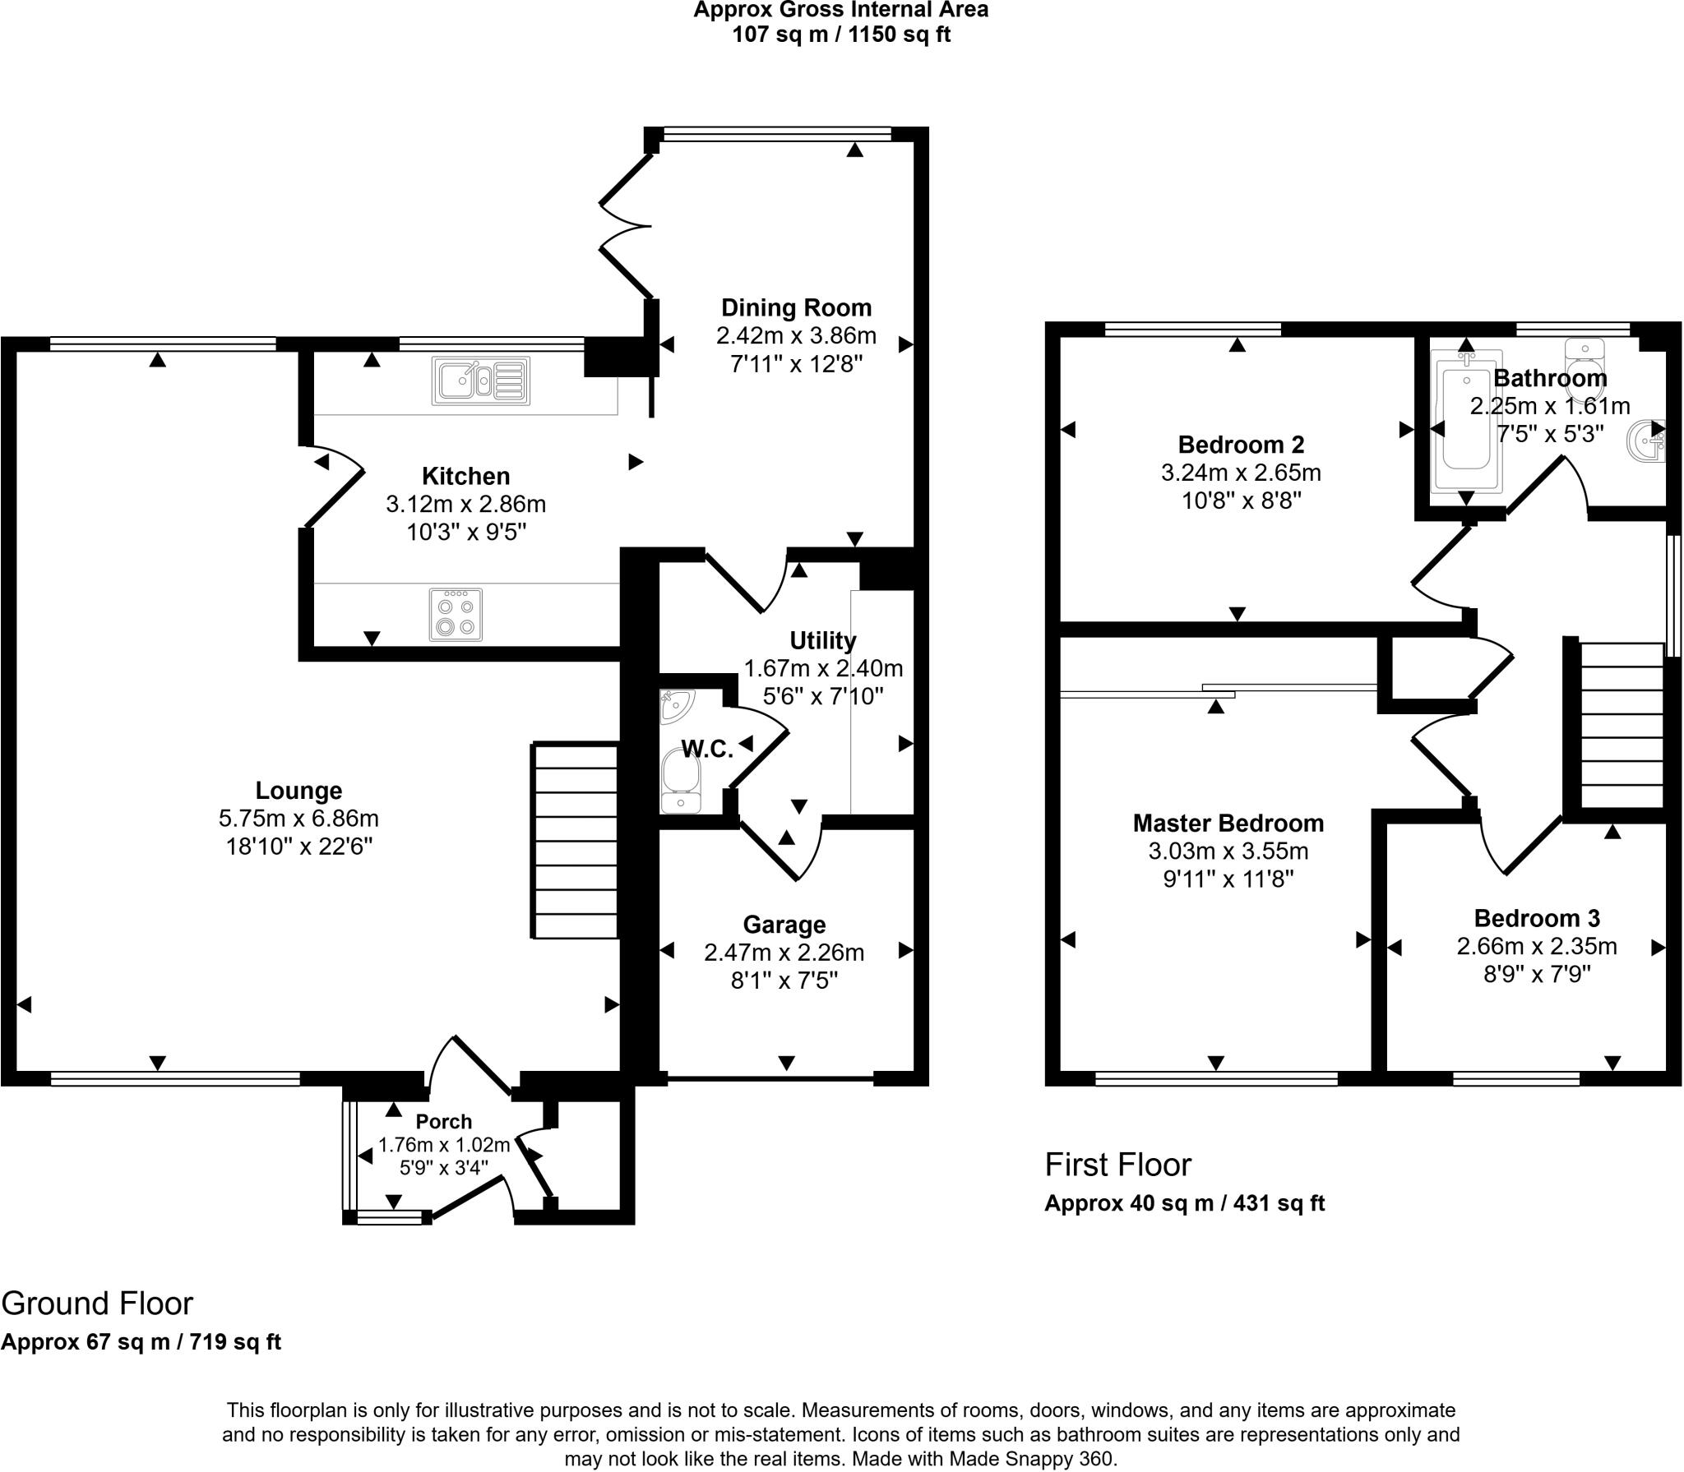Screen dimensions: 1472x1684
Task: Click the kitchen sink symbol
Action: point(481,381)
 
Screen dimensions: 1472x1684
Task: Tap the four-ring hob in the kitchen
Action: point(456,615)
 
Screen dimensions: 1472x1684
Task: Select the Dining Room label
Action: point(796,308)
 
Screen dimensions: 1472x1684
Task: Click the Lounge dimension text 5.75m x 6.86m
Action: point(298,819)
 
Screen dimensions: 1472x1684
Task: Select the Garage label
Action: point(784,925)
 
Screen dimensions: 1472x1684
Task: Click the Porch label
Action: point(443,1122)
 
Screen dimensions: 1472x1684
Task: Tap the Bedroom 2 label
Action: point(1241,445)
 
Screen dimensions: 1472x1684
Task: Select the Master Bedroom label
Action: point(1228,823)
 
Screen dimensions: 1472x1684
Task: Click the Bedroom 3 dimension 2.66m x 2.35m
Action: point(1536,946)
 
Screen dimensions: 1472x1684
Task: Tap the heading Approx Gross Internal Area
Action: point(840,11)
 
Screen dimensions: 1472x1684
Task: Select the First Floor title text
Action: point(1117,1165)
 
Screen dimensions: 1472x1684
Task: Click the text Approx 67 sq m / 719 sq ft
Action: point(141,1341)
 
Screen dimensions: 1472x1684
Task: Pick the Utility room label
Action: point(822,640)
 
